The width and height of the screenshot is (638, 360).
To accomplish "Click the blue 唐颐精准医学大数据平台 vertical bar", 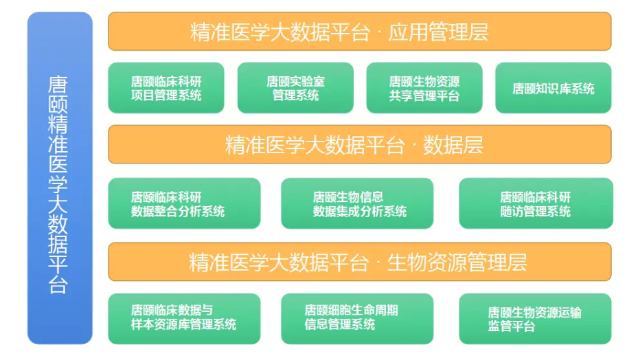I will [x=60, y=178].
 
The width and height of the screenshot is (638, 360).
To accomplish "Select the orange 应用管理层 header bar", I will [x=359, y=32].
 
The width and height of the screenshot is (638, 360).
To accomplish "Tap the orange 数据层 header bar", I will [x=359, y=144].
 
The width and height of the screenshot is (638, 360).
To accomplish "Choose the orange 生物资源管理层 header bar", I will [x=359, y=262].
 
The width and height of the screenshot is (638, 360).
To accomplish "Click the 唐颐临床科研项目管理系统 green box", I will [x=166, y=88].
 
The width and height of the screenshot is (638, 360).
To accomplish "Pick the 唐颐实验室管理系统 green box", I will [x=295, y=88].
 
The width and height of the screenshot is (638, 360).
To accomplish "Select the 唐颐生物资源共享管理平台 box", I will [x=424, y=88].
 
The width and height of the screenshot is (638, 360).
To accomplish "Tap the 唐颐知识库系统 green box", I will [x=553, y=88].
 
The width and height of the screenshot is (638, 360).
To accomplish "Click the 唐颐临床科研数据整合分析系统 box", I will [x=184, y=203].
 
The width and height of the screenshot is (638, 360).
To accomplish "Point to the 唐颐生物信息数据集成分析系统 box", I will [x=357, y=203].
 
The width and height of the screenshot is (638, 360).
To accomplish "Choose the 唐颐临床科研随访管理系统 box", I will [x=536, y=203].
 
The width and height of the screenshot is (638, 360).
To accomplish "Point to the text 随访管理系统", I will [x=535, y=211].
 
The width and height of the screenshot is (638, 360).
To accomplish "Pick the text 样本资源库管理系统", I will [x=183, y=324].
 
